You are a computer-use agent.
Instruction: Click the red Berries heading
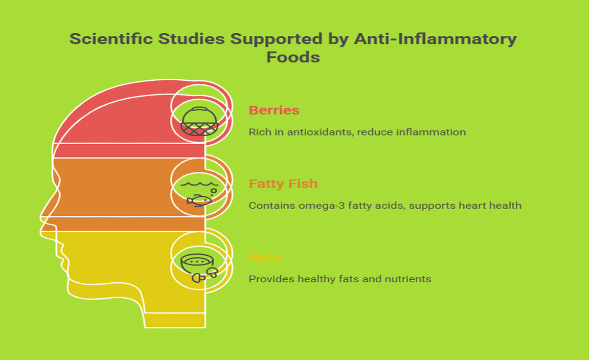pos(274,110)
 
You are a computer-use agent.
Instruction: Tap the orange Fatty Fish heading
pos(283,184)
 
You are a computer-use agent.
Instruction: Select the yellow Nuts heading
pos(265,257)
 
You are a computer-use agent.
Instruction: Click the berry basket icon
pos(199,122)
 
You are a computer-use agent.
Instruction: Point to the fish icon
pos(199,199)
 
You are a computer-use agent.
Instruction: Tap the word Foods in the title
pos(293,57)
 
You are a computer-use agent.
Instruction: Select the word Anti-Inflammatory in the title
pos(435,39)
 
